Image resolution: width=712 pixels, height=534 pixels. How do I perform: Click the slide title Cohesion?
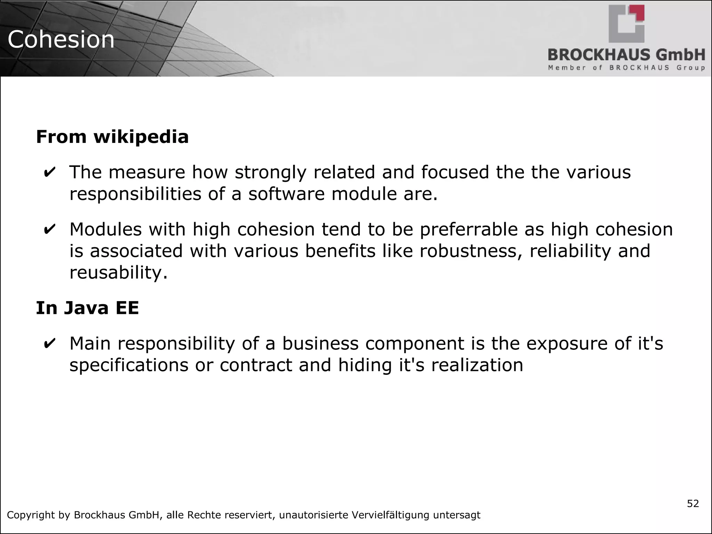pyautogui.click(x=61, y=39)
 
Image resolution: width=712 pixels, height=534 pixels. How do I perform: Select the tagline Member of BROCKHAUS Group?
pyautogui.click(x=626, y=68)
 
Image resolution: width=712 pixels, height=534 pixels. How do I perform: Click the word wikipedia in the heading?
pyautogui.click(x=141, y=137)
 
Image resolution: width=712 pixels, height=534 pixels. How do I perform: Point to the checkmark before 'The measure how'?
pyautogui.click(x=49, y=172)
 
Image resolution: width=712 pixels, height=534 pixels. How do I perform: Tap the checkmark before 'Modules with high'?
pyautogui.click(x=49, y=229)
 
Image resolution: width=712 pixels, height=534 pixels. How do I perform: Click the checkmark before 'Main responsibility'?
pyautogui.click(x=49, y=343)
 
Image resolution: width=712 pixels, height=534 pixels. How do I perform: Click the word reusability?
pyautogui.click(x=119, y=272)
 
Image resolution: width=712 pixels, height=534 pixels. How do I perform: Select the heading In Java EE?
pyautogui.click(x=87, y=308)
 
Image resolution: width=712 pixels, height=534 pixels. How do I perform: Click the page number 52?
pyautogui.click(x=693, y=504)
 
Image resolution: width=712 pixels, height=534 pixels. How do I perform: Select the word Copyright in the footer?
pyautogui.click(x=31, y=515)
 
